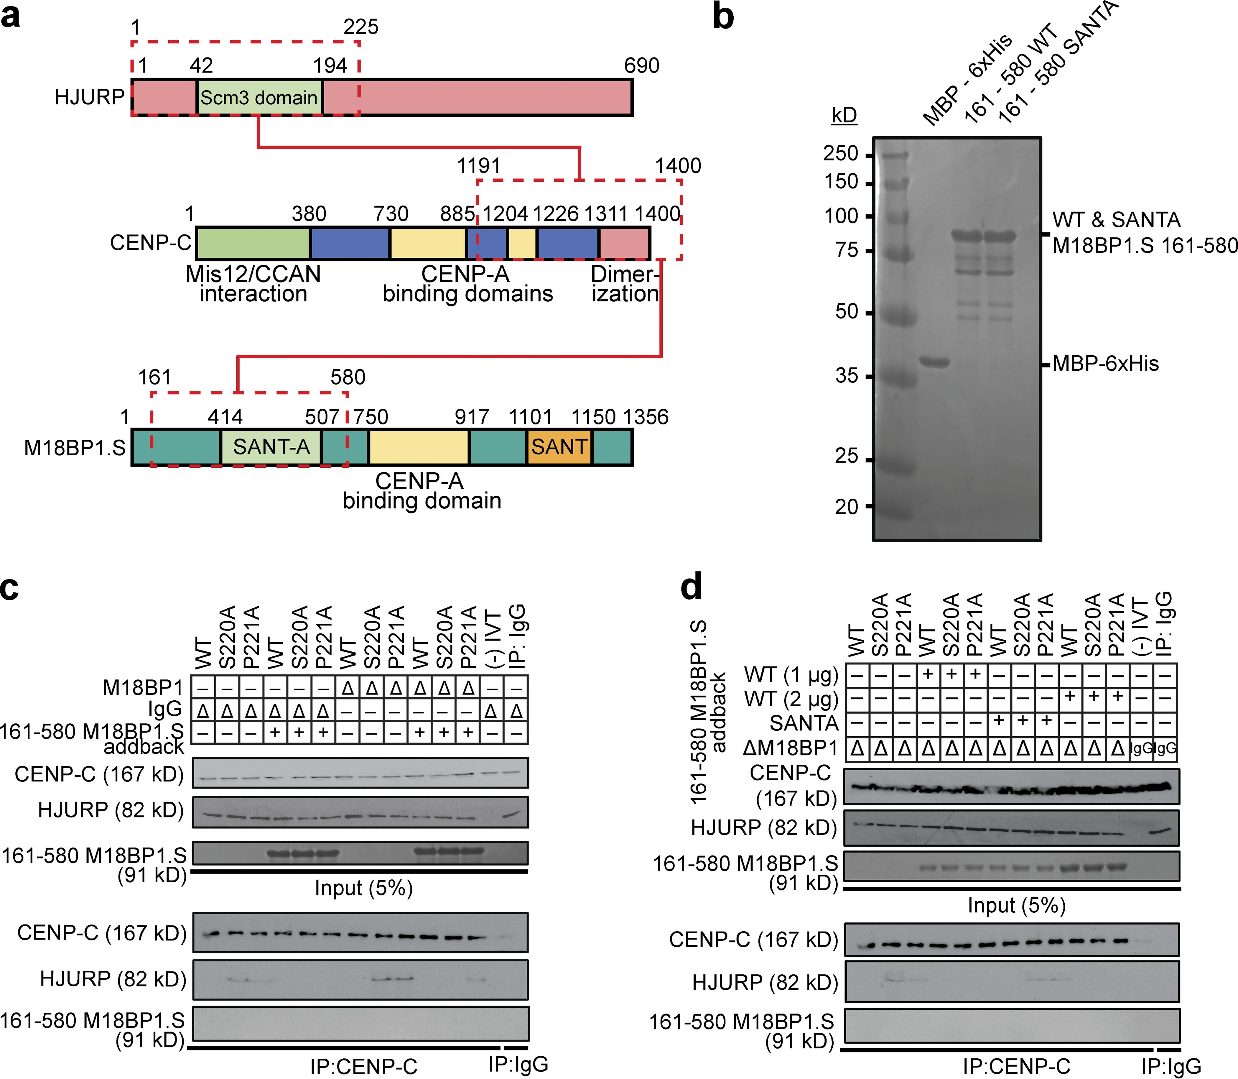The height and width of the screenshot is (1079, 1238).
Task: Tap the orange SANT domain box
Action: (559, 447)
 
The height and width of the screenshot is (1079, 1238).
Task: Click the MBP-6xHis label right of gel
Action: (1105, 364)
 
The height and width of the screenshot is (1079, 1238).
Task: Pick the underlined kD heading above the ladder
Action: (844, 115)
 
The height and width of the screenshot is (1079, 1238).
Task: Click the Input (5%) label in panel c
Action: (363, 888)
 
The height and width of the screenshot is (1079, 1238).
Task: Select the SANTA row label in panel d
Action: (804, 723)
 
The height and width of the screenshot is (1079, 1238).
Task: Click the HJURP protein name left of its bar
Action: (89, 97)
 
